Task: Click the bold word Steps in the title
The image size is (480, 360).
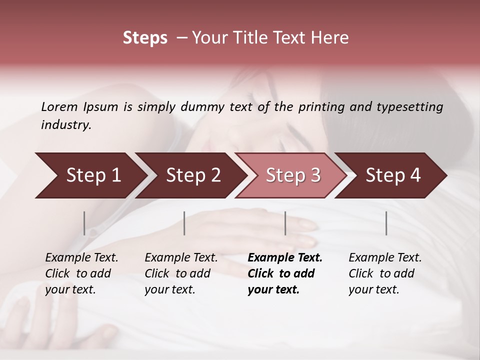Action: [x=145, y=38]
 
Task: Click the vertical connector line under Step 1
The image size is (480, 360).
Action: [x=84, y=223]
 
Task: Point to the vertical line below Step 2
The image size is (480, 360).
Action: [x=184, y=223]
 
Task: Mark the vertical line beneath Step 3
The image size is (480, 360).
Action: [x=285, y=223]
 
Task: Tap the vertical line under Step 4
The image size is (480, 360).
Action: [x=386, y=223]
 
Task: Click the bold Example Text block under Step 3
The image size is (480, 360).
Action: [x=285, y=273]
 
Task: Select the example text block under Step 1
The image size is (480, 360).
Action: [x=81, y=273]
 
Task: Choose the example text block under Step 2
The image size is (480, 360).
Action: [x=181, y=273]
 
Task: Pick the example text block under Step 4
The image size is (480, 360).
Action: [x=385, y=273]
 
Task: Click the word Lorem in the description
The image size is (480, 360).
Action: [x=59, y=107]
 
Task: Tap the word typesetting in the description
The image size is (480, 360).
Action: [x=411, y=107]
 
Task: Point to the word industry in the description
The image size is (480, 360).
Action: [x=65, y=125]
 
